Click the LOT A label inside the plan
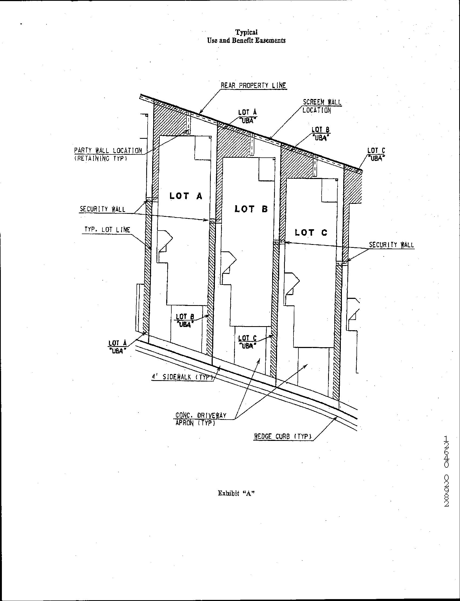(186, 196)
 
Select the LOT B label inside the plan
(251, 209)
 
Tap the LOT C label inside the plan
(311, 232)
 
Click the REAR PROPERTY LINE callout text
(253, 85)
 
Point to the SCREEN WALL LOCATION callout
(321, 106)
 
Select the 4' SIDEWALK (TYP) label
(182, 377)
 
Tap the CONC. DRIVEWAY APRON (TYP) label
(201, 419)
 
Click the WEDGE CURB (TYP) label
(283, 436)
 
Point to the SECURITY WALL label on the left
(102, 209)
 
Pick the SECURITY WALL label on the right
(391, 245)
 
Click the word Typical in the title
(246, 33)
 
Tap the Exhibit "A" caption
(236, 493)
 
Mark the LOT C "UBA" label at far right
(376, 154)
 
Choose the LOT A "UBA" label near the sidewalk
(118, 347)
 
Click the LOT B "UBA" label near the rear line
(320, 133)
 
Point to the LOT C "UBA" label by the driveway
(247, 342)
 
